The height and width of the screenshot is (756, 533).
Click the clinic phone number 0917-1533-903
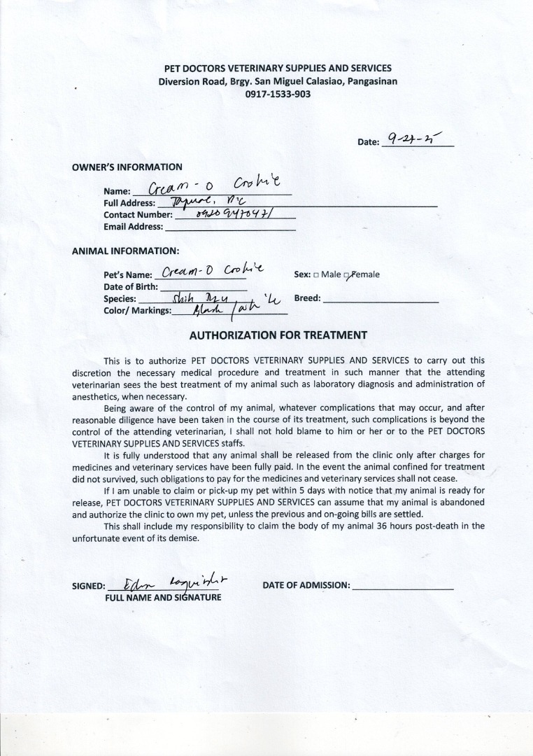click(278, 94)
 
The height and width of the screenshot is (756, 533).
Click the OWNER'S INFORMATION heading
click(127, 167)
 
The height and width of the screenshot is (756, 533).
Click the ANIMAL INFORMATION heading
click(125, 251)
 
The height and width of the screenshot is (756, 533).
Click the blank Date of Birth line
click(204, 287)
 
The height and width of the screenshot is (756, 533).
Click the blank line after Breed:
click(381, 299)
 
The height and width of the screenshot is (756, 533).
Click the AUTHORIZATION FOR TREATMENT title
click(278, 335)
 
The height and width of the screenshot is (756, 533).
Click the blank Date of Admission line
click(403, 586)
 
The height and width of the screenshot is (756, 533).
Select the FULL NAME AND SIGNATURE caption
click(163, 598)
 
